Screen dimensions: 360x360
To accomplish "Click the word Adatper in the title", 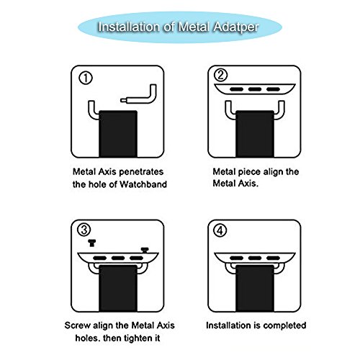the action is tap(236, 27).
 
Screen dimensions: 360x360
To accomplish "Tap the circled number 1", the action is tap(86, 78).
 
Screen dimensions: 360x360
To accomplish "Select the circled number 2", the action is tap(220, 75).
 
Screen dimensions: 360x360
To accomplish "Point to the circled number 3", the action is tap(84, 230).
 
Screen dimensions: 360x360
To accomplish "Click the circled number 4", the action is tap(220, 230).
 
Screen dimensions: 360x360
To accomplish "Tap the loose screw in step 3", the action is tap(91, 243).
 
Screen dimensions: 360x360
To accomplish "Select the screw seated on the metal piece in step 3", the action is tap(145, 250).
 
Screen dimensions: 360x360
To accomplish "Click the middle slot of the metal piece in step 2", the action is tap(255, 89).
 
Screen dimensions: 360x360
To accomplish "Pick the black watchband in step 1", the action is tap(118, 134).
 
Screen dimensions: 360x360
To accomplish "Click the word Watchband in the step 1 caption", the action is tap(143, 184).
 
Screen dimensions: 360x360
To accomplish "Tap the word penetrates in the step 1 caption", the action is tap(141, 172).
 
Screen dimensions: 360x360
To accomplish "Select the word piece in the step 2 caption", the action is tap(249, 172).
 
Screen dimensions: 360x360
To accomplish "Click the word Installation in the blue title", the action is tap(129, 27).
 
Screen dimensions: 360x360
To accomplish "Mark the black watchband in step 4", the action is tap(255, 288).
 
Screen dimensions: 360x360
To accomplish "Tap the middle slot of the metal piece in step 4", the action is tap(255, 258).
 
